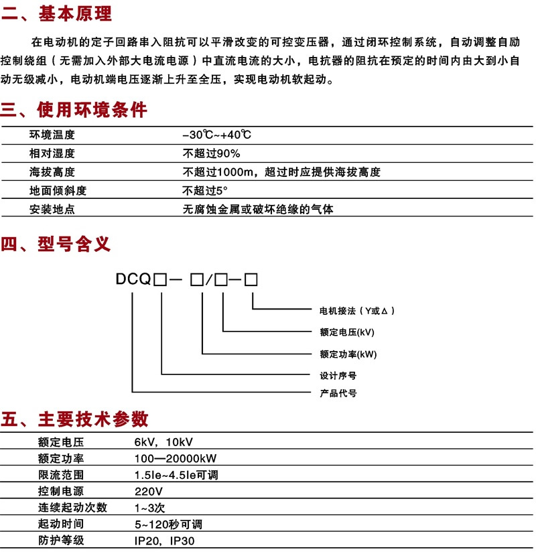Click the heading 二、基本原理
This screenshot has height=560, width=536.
pos(57,13)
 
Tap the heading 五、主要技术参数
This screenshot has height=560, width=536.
pos(74,419)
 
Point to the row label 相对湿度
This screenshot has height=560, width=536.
pos(52,153)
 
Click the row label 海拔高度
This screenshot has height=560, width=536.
pos(52,172)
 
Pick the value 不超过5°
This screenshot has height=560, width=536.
pos(205,191)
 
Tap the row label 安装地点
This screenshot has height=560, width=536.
pos(52,210)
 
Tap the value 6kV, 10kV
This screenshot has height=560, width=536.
pos(163,442)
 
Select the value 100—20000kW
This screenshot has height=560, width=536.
pos(176,459)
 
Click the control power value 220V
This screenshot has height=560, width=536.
pos(148,491)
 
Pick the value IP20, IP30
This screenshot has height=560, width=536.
pos(165,540)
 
